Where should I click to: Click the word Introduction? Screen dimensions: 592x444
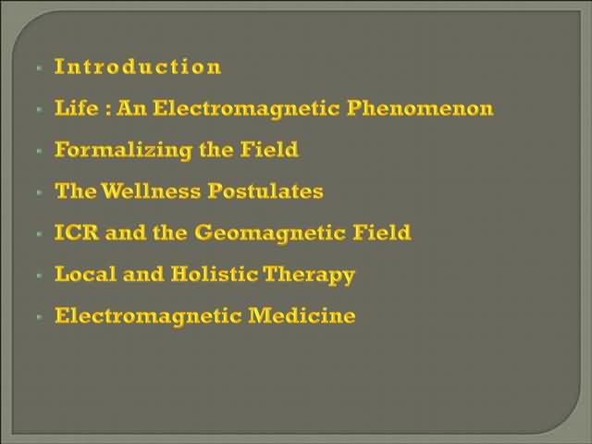[x=138, y=67]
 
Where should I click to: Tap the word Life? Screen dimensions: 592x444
[x=77, y=107]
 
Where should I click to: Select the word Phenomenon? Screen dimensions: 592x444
[x=420, y=108]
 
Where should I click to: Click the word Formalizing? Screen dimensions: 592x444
[x=123, y=150]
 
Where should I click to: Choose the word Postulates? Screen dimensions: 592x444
[x=265, y=191]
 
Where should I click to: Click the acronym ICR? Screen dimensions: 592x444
[x=77, y=232]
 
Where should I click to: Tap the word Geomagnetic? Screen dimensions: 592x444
[x=270, y=232]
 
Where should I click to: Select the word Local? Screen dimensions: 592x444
[x=85, y=274]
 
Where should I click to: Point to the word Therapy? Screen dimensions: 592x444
[x=309, y=275]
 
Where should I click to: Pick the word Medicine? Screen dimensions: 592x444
[x=302, y=315]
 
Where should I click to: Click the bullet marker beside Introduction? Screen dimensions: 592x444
[x=40, y=68]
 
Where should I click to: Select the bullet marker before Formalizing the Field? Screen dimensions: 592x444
[x=40, y=151]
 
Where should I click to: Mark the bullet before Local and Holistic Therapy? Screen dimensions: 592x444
[x=40, y=276]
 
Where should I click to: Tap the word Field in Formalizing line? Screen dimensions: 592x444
[x=269, y=149]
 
